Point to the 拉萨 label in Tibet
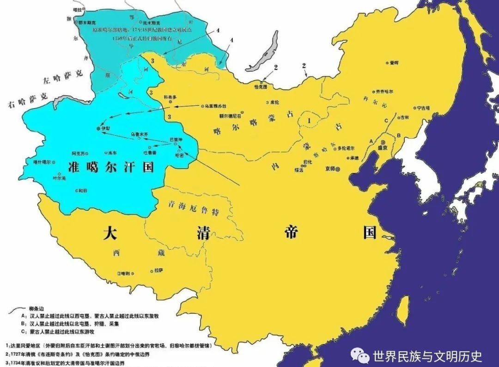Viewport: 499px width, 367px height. tap(159, 270)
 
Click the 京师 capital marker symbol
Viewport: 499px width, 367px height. tap(339, 169)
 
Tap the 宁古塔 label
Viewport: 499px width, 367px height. tap(424, 109)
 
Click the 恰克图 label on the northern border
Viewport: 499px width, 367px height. tap(262, 86)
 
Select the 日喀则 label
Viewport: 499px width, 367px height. tap(125, 274)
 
